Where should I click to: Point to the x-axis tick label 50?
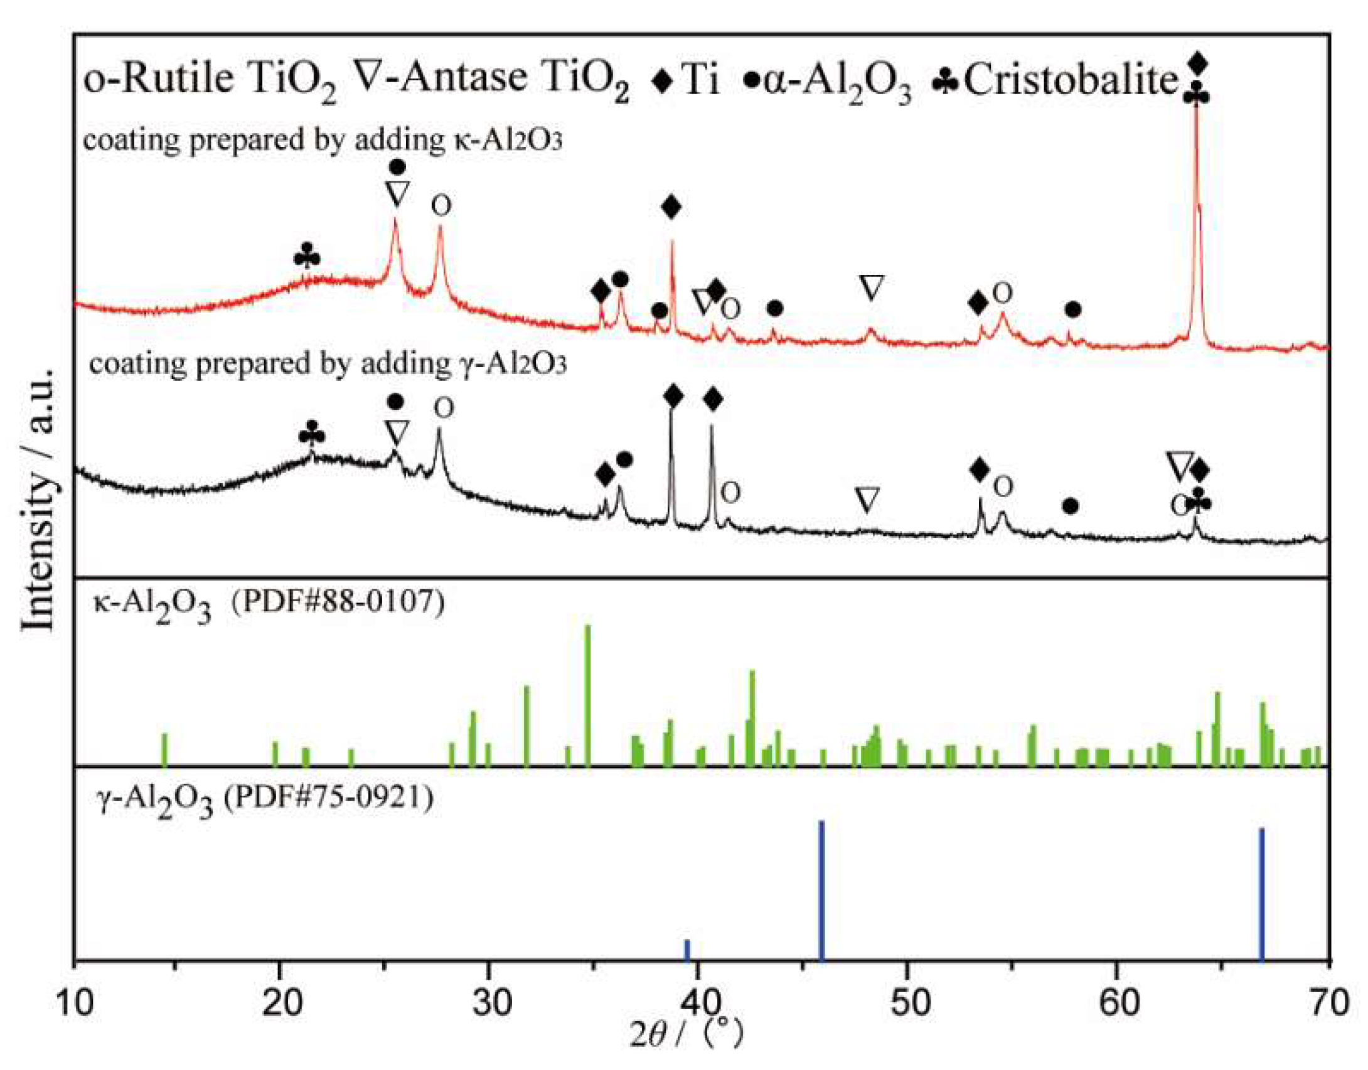tap(909, 1002)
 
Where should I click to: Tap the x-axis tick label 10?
tap(74, 1002)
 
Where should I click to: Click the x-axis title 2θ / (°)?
tap(687, 1032)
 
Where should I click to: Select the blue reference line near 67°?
tap(1261, 894)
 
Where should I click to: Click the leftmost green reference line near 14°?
tap(165, 749)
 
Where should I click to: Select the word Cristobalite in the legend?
tap(1071, 80)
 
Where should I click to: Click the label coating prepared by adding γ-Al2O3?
tap(328, 364)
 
